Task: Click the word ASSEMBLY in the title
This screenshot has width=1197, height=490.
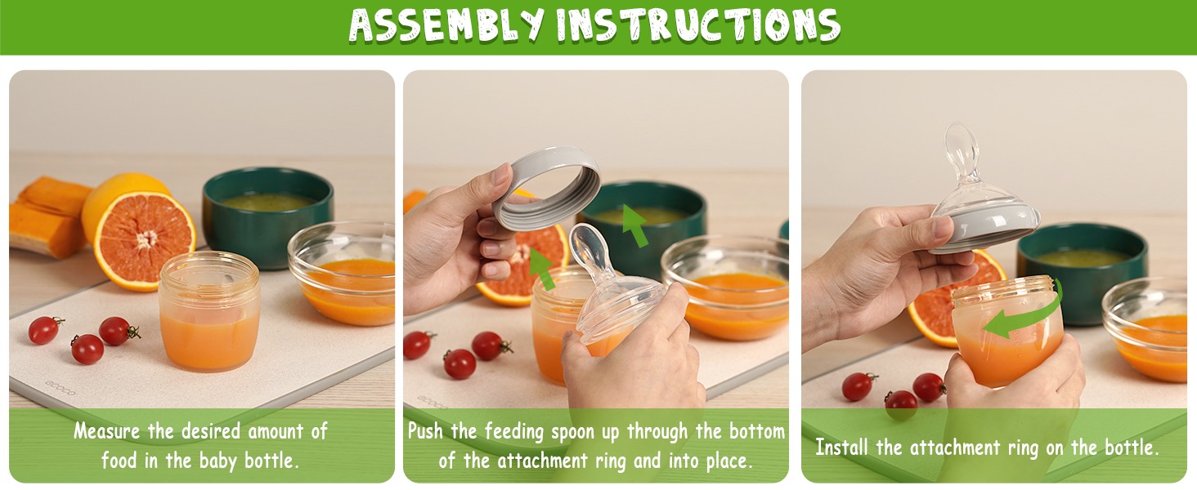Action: (x=446, y=24)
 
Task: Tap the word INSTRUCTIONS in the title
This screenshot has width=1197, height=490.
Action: (x=698, y=24)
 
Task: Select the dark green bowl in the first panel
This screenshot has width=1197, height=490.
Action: (x=267, y=216)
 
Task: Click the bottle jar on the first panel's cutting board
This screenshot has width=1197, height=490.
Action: (x=210, y=311)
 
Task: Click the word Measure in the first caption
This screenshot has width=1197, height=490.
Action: (x=107, y=431)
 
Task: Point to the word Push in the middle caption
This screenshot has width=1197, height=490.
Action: (x=425, y=431)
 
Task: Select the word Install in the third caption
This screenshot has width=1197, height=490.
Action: (x=841, y=448)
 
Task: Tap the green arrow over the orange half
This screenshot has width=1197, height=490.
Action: (x=542, y=269)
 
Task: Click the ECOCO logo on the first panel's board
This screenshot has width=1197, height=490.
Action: (x=61, y=389)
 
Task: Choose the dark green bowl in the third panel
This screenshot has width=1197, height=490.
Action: (x=1082, y=272)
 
